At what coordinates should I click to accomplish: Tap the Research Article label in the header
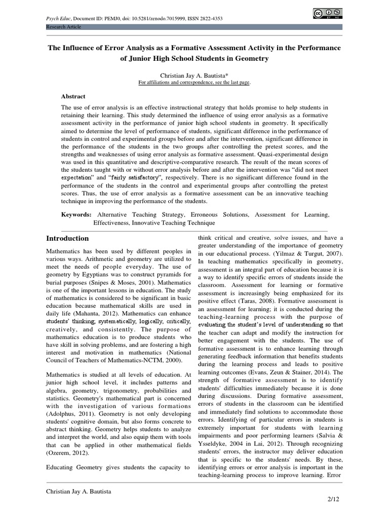click(x=64, y=26)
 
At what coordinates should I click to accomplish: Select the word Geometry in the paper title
click(x=252, y=58)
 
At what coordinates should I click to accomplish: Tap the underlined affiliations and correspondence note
click(x=194, y=82)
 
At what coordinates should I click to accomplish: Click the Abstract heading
click(x=73, y=96)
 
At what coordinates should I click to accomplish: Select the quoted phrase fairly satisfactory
click(x=134, y=178)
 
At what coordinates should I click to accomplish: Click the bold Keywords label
click(x=76, y=215)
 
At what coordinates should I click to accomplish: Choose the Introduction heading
click(x=67, y=238)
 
